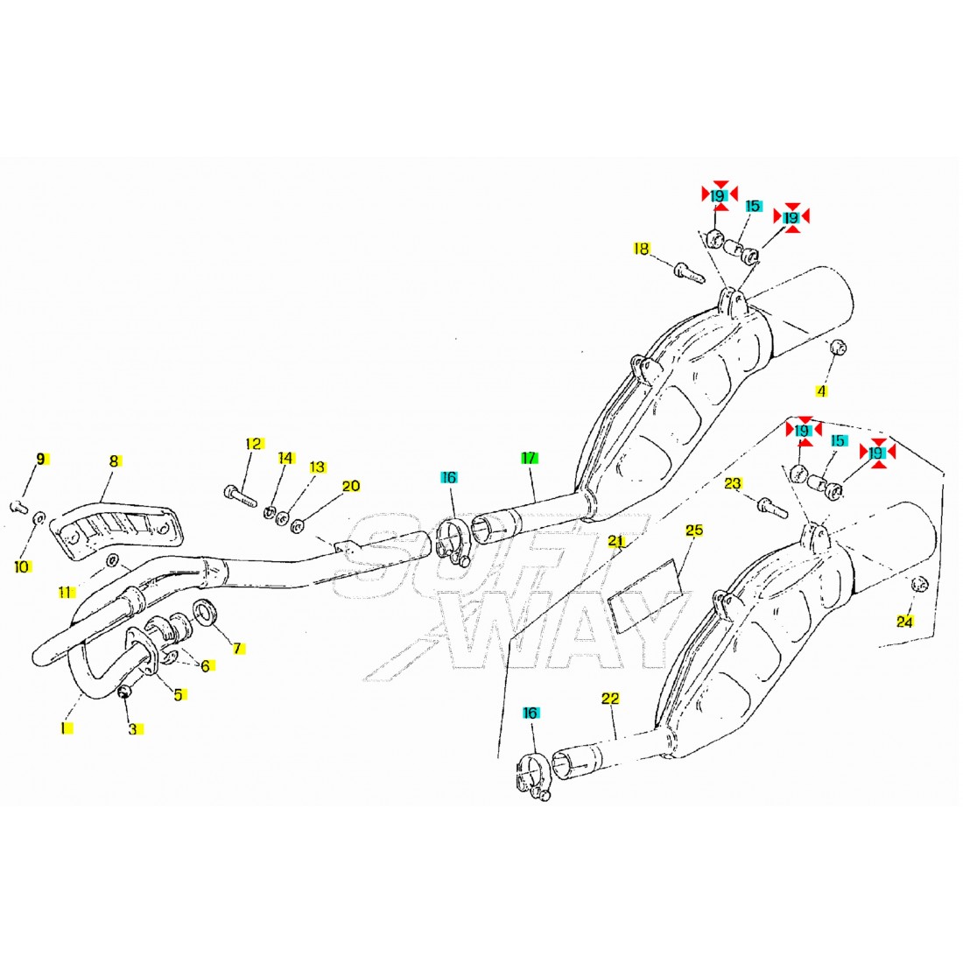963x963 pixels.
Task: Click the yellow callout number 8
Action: coord(113,460)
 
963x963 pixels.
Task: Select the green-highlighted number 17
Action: coord(529,457)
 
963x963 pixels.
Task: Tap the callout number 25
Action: coord(694,531)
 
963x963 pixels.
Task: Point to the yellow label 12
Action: coord(253,444)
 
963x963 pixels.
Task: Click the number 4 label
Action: coord(821,390)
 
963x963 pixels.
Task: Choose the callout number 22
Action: coord(610,698)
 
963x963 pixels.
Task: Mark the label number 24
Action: coord(904,622)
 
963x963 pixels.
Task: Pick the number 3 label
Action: coord(133,728)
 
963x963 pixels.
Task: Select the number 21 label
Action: coord(616,541)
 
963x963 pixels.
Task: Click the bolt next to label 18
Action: coord(688,271)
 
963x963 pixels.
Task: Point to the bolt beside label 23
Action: coord(767,505)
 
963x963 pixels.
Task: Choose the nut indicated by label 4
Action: coord(836,346)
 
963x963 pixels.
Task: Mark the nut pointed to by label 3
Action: coord(124,693)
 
